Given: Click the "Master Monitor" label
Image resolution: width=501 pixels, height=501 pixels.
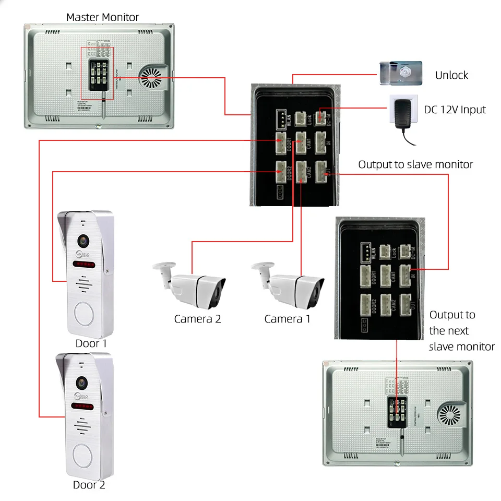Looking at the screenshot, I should point(102,17).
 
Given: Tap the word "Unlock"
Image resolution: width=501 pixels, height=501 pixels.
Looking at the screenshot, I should point(451,75).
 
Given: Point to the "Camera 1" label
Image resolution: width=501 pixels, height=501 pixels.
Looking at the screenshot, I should point(287,319).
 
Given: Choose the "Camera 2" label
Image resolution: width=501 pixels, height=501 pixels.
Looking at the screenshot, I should point(197,319).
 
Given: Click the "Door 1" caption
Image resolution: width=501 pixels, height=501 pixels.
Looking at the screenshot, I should point(91,343).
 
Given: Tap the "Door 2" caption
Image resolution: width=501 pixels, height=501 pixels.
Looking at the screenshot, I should point(89,485).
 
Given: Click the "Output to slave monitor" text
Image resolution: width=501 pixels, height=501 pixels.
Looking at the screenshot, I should point(415,164).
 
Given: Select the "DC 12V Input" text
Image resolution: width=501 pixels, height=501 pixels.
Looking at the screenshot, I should point(455,110).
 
